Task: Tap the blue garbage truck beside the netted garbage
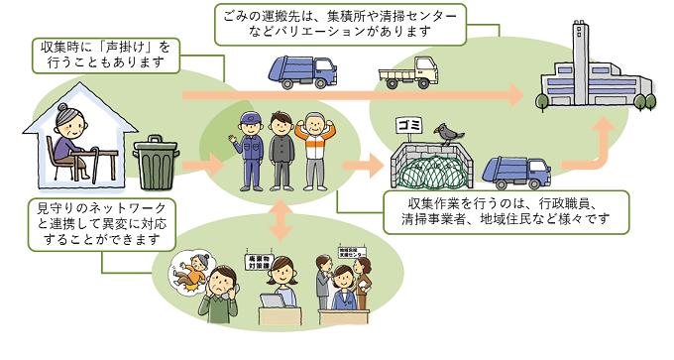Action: [516, 169]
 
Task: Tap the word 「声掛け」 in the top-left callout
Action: [132, 47]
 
